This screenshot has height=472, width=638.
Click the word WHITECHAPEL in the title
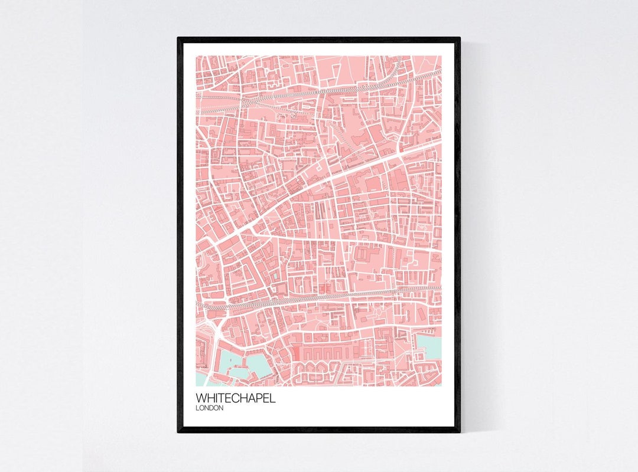tap(235, 398)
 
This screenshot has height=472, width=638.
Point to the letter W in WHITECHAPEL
tap(201, 398)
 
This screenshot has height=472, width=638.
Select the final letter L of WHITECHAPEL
tap(272, 398)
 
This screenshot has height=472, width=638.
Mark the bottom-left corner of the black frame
tap(178, 431)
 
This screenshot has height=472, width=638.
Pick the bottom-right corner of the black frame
tap(459, 431)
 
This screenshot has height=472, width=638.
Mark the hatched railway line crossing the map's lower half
tap(319, 295)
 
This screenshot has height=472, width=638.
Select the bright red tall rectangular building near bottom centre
tap(296, 354)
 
